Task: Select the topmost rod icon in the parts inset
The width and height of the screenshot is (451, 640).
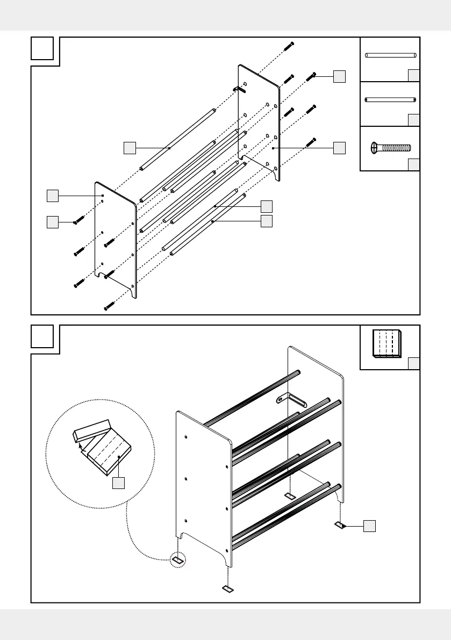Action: tap(391, 55)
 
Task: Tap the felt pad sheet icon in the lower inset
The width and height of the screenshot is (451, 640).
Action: tap(387, 343)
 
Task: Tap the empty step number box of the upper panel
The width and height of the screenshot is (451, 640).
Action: tap(42, 48)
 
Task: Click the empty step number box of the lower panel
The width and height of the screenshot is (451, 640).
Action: tap(42, 336)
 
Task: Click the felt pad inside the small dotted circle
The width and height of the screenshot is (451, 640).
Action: tap(178, 560)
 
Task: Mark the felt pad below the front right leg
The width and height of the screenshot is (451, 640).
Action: tap(228, 589)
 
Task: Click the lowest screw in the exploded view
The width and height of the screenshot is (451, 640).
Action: tap(109, 307)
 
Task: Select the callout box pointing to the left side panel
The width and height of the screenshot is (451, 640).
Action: tap(52, 196)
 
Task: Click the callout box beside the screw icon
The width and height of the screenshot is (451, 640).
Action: tap(413, 164)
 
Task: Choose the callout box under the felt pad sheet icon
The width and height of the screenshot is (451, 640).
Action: tap(413, 364)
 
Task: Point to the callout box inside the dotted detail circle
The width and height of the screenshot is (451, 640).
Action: tap(119, 483)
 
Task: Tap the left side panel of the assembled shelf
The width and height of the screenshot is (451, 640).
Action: tap(204, 484)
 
